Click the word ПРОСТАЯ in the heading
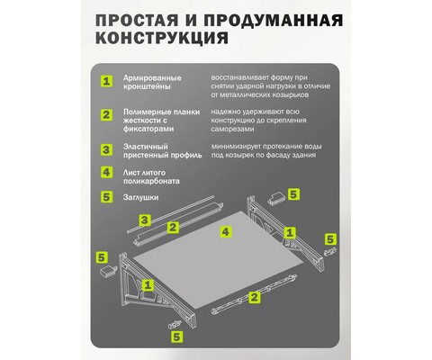click(x=137, y=21)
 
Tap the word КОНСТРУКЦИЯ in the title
click(x=162, y=38)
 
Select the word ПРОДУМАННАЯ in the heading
click(x=273, y=21)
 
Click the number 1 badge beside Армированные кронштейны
click(x=106, y=81)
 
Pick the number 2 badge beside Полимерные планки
click(x=106, y=115)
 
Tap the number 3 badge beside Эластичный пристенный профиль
click(x=106, y=149)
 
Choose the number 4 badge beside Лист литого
click(x=106, y=173)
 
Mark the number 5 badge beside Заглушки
click(x=106, y=197)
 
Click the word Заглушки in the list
click(x=140, y=198)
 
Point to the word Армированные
click(x=152, y=78)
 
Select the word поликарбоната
click(x=151, y=181)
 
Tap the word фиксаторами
click(x=148, y=129)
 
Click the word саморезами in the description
click(x=232, y=129)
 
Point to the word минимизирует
click(x=236, y=147)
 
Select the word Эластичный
click(x=146, y=147)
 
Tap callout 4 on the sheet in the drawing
click(x=226, y=231)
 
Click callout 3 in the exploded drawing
click(x=145, y=220)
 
